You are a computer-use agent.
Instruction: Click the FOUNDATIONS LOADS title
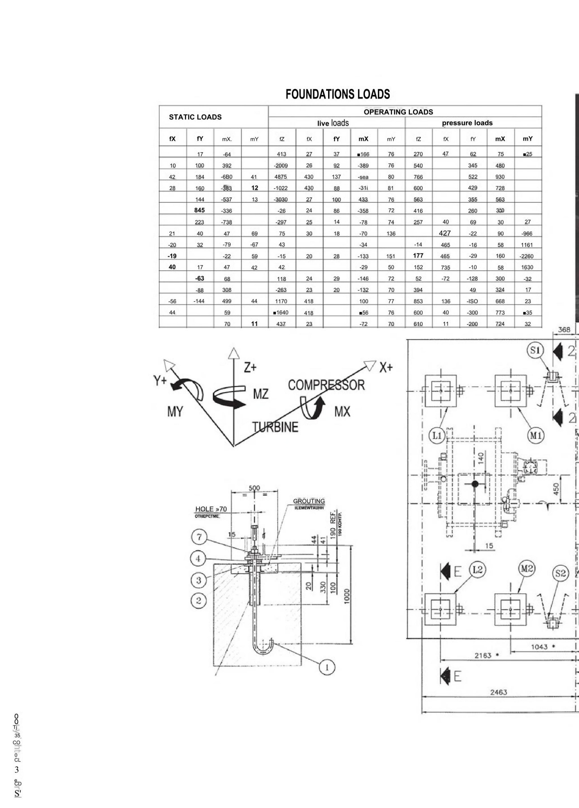(338, 94)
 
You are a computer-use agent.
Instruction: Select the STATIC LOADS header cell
(195, 117)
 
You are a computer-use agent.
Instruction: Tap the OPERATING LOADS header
(398, 112)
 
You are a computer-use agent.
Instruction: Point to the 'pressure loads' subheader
(467, 123)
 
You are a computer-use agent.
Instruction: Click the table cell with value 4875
(281, 177)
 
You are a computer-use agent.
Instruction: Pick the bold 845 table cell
(200, 210)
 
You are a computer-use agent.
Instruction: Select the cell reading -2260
(527, 256)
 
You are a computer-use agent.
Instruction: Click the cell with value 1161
(527, 245)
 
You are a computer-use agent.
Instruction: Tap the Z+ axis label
(250, 368)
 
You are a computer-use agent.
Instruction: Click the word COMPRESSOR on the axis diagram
(326, 385)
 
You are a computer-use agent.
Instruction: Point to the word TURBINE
(275, 427)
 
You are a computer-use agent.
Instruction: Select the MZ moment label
(261, 394)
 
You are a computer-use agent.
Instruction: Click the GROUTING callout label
(309, 501)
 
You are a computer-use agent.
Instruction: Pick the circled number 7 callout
(199, 537)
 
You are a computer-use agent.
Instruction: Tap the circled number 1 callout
(327, 667)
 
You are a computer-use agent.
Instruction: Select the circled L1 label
(437, 436)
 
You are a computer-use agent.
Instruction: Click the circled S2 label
(560, 573)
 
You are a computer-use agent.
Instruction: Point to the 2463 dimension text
(499, 692)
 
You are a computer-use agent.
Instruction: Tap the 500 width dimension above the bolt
(254, 488)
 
